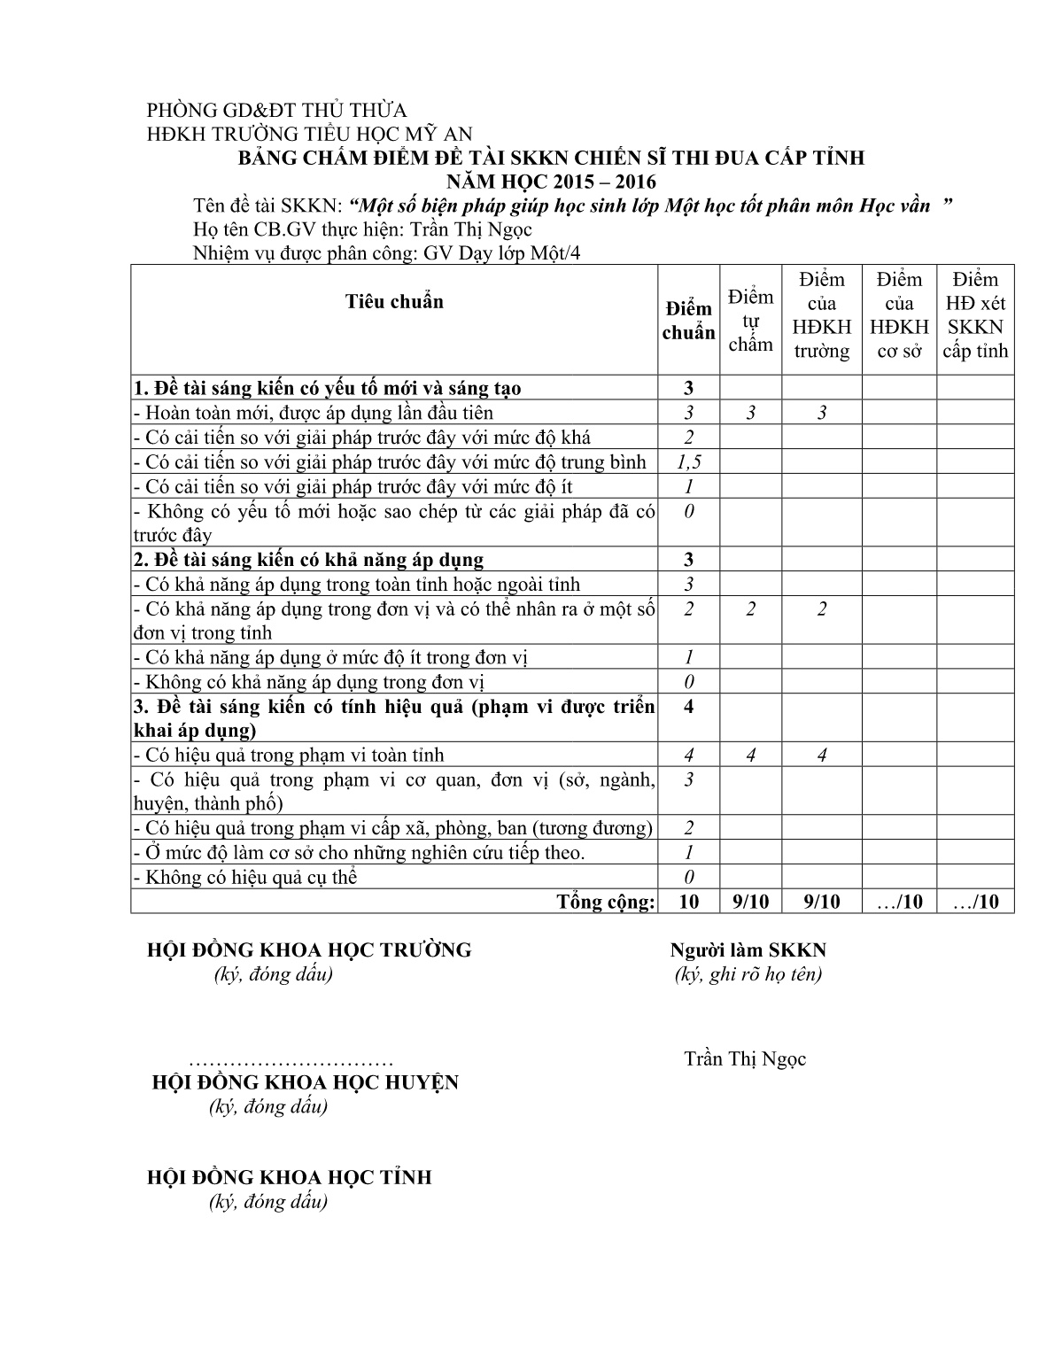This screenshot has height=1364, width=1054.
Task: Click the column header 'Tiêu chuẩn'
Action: coord(394,302)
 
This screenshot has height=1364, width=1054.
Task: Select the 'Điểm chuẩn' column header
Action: coord(688,321)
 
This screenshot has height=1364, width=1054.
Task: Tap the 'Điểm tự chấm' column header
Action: coord(750,321)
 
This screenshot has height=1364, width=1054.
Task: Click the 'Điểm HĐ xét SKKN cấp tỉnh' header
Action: coord(975,315)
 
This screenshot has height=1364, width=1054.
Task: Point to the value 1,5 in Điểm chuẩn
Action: coord(688,461)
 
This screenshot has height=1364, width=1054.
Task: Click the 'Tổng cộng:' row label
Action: coord(606,902)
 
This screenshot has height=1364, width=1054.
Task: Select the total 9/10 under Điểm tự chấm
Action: coord(750,902)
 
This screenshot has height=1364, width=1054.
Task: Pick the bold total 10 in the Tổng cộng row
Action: coord(688,902)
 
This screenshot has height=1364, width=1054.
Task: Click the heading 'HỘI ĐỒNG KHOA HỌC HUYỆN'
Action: coord(306,1082)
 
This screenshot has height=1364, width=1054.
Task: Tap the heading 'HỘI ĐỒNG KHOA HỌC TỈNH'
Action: coord(289,1178)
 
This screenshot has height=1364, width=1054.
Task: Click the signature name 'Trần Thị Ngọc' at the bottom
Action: coord(745,1059)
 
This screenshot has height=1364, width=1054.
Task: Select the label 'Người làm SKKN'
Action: coord(748,950)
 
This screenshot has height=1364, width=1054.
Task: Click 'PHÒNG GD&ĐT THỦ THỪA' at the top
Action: coord(276,111)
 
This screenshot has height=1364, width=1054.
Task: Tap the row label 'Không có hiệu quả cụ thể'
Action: coord(245,878)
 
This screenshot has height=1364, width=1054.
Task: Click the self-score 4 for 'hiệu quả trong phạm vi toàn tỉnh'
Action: coord(750,756)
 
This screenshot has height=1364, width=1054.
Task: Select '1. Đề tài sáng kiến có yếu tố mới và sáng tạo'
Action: coord(327,388)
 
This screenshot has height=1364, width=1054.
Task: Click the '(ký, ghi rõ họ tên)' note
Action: coord(748,974)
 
